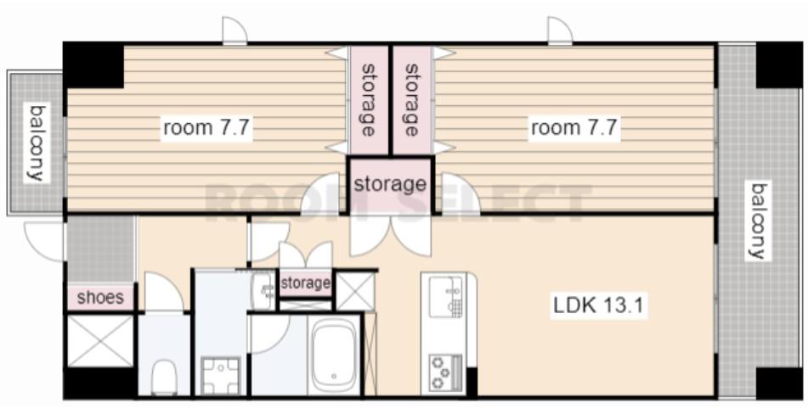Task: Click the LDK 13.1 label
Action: pos(598,305)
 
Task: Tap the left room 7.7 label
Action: pos(206,127)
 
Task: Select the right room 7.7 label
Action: pos(574,127)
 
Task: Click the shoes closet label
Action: pos(100,298)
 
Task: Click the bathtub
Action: pos(333,356)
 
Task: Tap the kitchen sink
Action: pos(446,297)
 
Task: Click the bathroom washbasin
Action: pos(263,291)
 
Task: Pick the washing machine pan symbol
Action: pos(221,376)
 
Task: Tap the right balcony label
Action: pos(759,221)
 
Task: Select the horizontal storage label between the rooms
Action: pos(390,184)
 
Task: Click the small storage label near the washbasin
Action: pos(305,283)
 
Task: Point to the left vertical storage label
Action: pos(368,100)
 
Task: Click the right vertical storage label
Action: pos(411,100)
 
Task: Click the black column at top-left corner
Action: pos(93,64)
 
